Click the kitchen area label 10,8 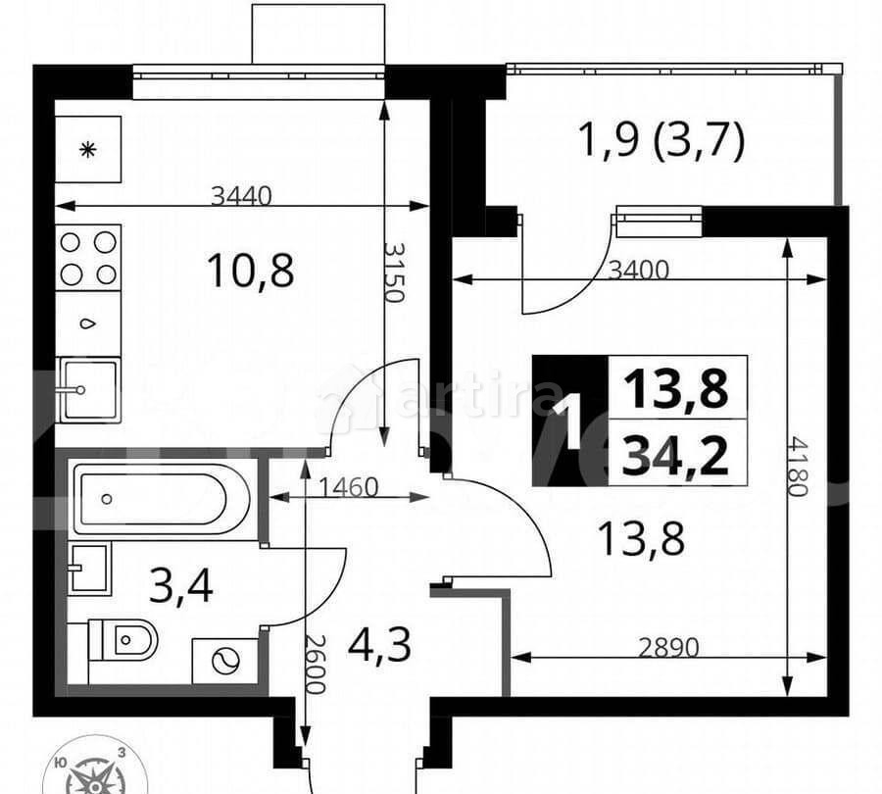point(251,270)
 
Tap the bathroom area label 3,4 point(181,587)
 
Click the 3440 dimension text point(240,196)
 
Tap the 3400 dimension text point(638,271)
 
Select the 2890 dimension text point(669,647)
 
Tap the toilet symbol point(124,640)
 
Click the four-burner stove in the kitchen point(88,258)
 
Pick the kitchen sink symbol point(88,390)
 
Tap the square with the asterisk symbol point(88,150)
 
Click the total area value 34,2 point(676,456)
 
